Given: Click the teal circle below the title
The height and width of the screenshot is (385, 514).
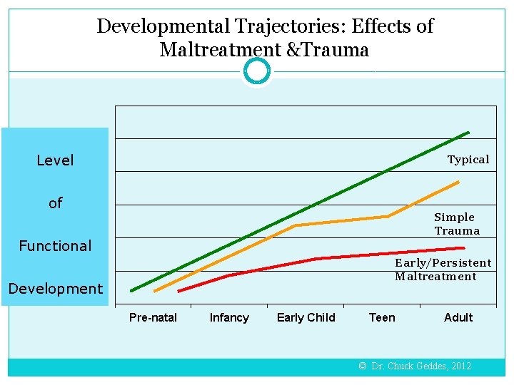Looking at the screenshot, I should (x=257, y=71).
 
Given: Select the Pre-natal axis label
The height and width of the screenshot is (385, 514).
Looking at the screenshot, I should (x=153, y=318).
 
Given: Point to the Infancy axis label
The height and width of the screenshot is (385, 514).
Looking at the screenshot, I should (x=229, y=318).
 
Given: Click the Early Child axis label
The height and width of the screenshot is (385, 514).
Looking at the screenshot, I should (x=306, y=318).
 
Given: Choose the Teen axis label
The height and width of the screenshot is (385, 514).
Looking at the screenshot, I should (x=382, y=318).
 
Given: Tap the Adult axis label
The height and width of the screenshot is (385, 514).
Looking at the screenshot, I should (x=458, y=318).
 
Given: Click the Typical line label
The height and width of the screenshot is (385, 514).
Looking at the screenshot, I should (x=468, y=160).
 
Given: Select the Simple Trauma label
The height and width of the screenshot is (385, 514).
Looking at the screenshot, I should (x=457, y=224).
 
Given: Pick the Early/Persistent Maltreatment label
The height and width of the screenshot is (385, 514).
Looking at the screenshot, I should (x=443, y=269).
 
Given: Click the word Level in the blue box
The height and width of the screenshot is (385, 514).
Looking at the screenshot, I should (x=55, y=160).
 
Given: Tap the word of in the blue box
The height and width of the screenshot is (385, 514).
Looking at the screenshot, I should (x=55, y=203).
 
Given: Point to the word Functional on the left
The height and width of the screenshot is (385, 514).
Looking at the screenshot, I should (x=55, y=246).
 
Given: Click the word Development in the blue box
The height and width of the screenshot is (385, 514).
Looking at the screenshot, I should (x=55, y=289).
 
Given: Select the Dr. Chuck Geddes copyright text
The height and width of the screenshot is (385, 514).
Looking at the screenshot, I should (x=415, y=366).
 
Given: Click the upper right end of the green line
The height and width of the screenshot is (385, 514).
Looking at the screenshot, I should (x=468, y=133).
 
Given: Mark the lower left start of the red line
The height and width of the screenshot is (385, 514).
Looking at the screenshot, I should (x=179, y=291).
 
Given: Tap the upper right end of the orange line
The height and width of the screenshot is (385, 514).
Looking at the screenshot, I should (x=458, y=183).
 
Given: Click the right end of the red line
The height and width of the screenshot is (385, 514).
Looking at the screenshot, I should (x=464, y=248).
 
